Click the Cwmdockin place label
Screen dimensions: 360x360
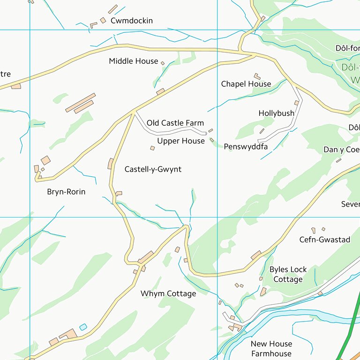coord(131,21)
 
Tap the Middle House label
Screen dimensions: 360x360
coord(134,61)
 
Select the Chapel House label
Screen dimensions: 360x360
coord(246,84)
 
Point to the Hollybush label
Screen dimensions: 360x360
coord(276,113)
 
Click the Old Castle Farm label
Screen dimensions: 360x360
coord(175,123)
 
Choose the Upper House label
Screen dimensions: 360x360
coord(181,141)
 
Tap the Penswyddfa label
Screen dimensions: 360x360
coord(246,147)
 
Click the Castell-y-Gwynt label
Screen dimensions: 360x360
coord(153,169)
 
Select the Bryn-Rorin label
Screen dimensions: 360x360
coord(66,192)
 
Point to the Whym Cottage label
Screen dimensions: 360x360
coord(168,294)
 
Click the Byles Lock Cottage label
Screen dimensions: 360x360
coord(288,275)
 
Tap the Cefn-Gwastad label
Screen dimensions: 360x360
coord(325,240)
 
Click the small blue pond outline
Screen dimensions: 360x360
coord(83,327)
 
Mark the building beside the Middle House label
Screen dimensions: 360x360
coord(163,63)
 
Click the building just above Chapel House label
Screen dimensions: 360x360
coord(257,76)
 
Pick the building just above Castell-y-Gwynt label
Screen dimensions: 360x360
coord(152,148)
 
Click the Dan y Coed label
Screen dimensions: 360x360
coord(342,150)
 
